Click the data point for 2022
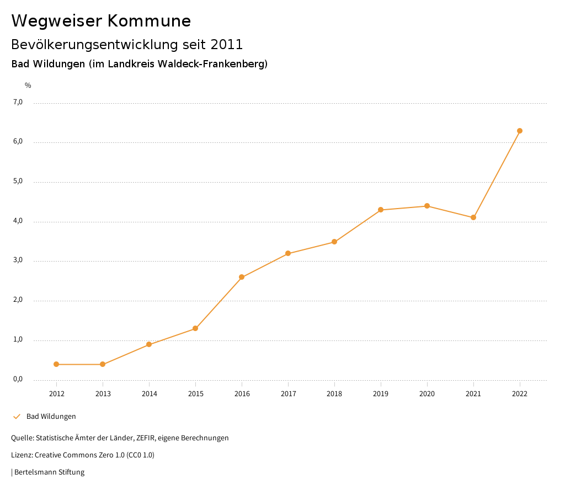[520, 131]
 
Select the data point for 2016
[242, 277]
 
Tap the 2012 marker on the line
[56, 364]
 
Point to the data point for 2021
[473, 217]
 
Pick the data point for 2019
[381, 210]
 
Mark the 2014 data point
[149, 344]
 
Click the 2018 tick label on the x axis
[334, 394]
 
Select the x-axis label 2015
[195, 394]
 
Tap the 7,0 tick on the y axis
[18, 102]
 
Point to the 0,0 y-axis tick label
[18, 379]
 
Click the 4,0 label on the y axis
[18, 221]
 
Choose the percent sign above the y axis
[28, 86]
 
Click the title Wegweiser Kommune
[101, 21]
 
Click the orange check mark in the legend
[17, 417]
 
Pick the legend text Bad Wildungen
[51, 417]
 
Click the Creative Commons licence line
[83, 455]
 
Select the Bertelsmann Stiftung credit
[49, 472]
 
